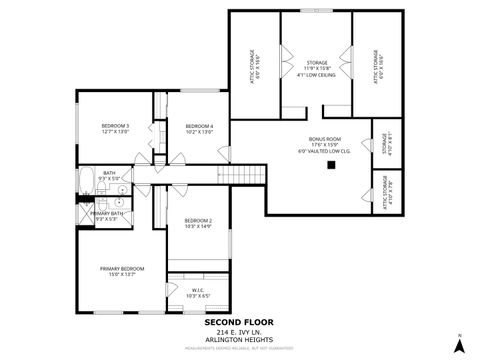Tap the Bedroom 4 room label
click(x=199, y=128)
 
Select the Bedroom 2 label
click(x=198, y=223)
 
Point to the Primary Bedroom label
click(x=121, y=270)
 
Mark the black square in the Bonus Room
click(x=327, y=167)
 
